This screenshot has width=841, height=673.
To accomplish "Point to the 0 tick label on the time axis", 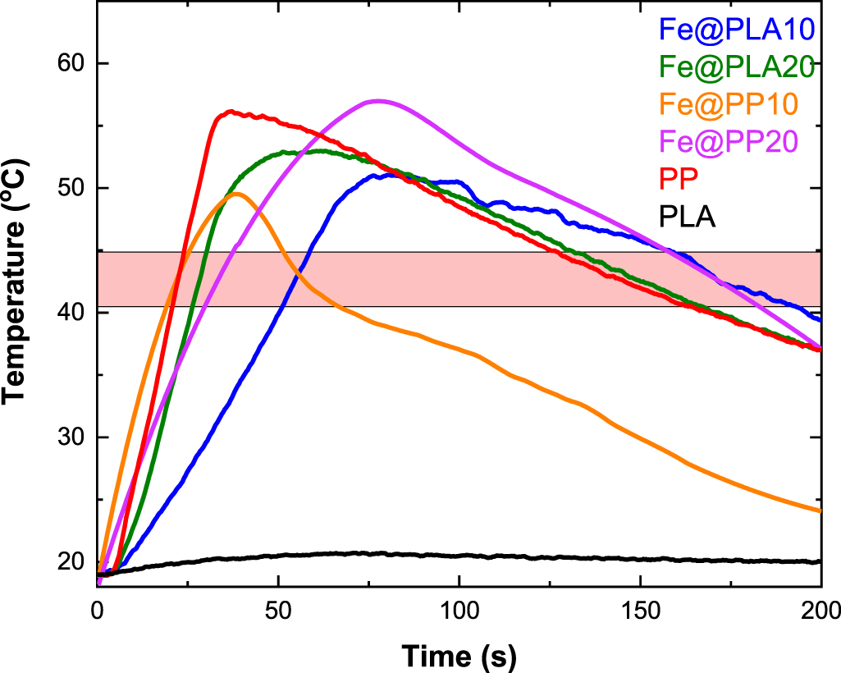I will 98,610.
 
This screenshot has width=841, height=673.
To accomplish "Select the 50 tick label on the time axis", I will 278,610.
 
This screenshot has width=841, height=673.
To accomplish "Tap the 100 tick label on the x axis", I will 459,610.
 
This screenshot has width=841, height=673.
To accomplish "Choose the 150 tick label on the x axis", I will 640,610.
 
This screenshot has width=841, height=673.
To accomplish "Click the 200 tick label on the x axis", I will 820,610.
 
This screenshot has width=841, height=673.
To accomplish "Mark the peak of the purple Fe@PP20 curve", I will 377,101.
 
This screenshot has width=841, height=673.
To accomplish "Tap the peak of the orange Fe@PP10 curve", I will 237,194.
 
